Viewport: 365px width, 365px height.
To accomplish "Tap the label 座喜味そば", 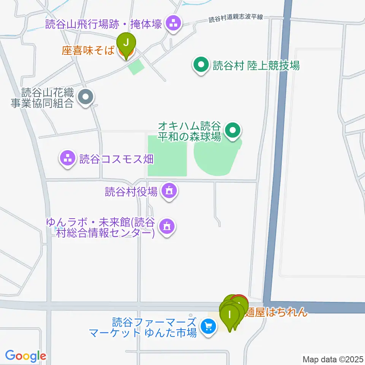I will (88, 51).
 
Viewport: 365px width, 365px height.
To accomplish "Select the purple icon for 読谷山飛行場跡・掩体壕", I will (174, 24).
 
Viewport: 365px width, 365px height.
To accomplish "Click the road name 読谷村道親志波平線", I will (236, 18).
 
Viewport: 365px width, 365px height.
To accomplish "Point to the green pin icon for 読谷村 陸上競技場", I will (201, 66).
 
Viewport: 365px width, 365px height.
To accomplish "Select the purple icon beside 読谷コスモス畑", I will (68, 159).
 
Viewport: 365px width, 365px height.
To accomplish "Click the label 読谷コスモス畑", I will (116, 159).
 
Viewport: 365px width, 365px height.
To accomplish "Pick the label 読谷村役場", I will (132, 192).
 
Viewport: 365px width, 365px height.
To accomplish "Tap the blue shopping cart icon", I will (208, 327).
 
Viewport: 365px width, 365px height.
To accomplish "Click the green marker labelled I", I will (229, 316).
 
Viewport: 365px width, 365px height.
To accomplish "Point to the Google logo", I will (25, 356).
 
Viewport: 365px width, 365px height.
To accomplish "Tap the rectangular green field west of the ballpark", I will (167, 156).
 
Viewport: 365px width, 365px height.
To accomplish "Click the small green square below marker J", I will (136, 67).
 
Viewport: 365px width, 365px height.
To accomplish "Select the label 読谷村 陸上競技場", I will (256, 66).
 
